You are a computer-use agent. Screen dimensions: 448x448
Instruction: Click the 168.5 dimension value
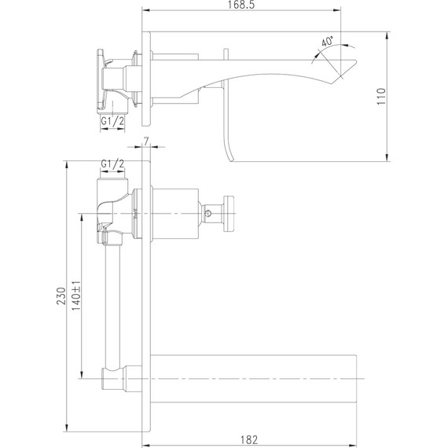coord(243,6)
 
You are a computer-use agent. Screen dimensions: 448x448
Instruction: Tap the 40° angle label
coord(327,41)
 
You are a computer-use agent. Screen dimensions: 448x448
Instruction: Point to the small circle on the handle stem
coord(210,211)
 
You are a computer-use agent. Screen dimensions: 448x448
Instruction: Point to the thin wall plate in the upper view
coord(144,79)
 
